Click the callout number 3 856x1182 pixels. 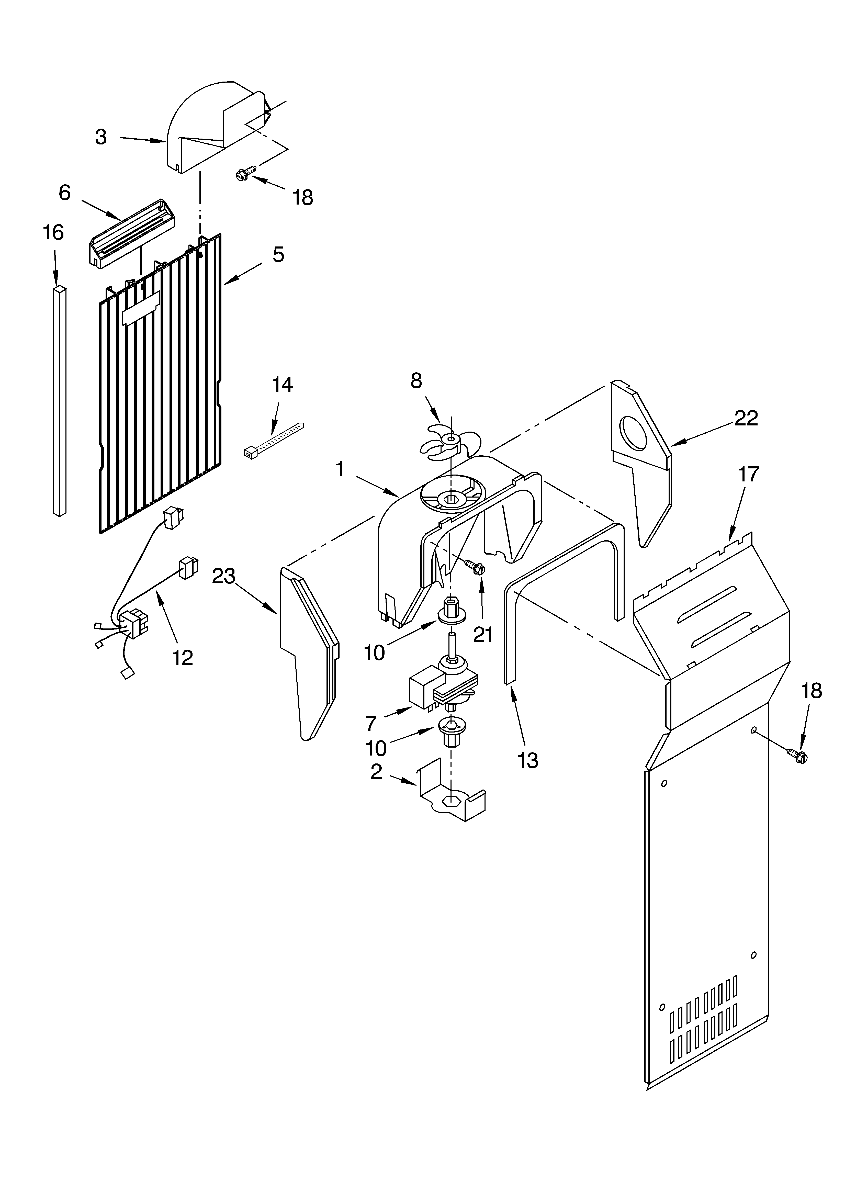[x=101, y=137]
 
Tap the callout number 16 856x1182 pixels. [x=53, y=232]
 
